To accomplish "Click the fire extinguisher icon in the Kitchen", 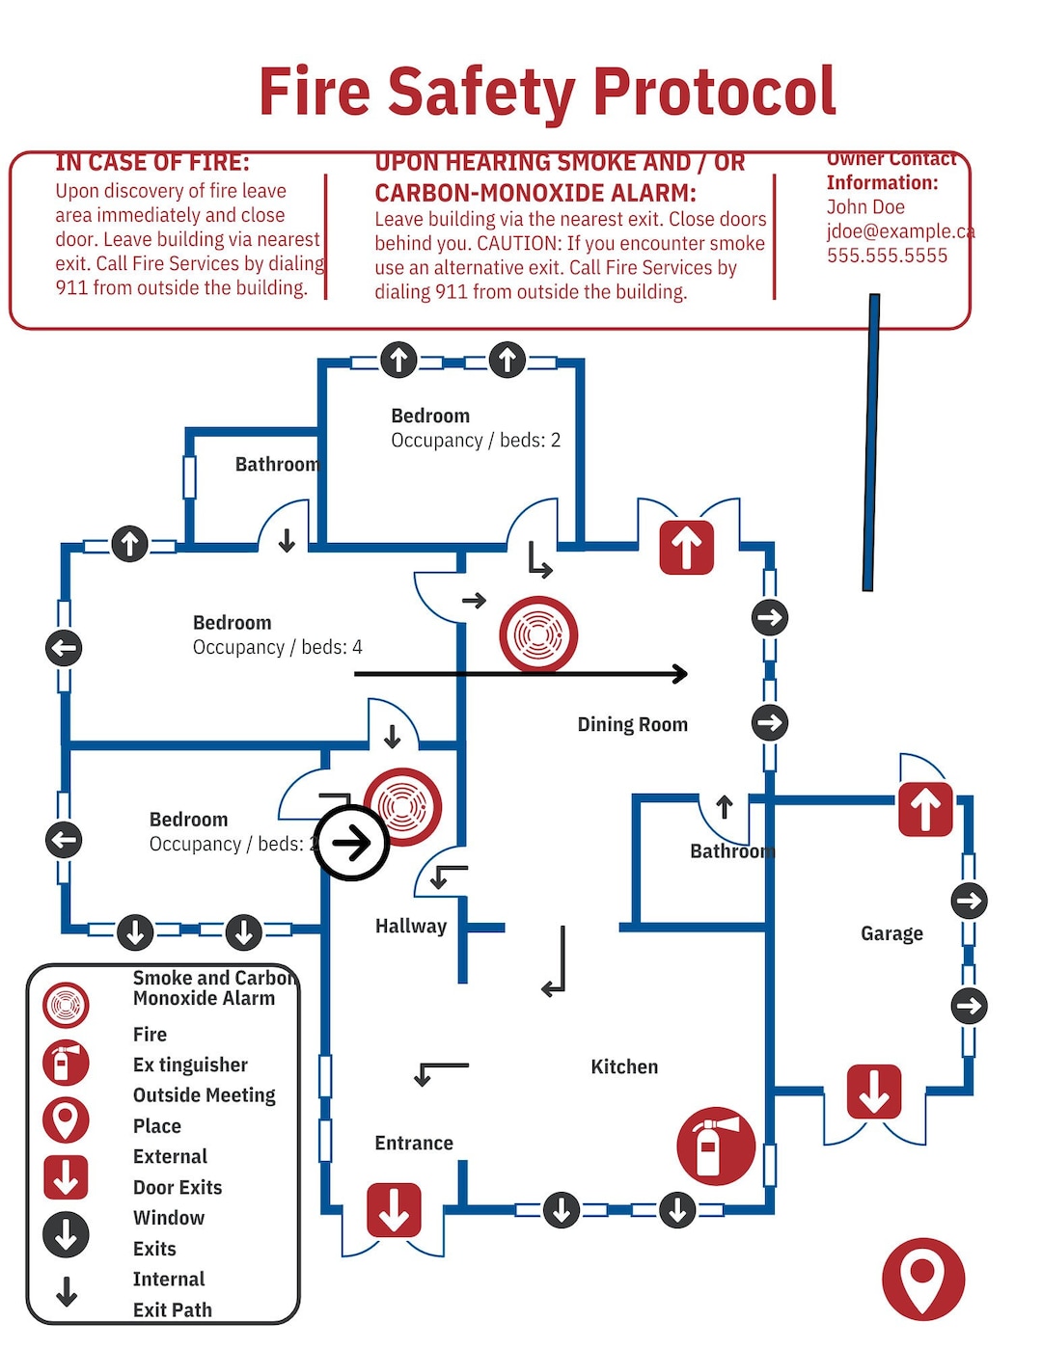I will click(715, 1146).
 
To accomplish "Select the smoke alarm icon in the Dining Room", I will click(538, 634).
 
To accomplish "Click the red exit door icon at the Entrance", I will click(394, 1209).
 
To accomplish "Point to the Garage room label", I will click(891, 933).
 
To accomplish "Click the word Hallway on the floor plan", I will click(411, 926).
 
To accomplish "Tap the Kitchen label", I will click(624, 1066).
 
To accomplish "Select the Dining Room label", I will click(632, 724).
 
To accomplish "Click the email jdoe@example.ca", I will click(899, 231).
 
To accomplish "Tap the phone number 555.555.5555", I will click(887, 256).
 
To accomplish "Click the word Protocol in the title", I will click(714, 93).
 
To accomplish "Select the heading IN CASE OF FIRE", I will click(152, 163).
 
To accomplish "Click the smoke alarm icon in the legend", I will click(66, 1005).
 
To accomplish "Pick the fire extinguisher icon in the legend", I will click(66, 1064).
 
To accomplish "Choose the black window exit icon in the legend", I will click(66, 1234).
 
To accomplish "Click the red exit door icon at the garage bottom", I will click(874, 1092).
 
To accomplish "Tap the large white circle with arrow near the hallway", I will click(351, 843).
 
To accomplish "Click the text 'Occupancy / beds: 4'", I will click(278, 647).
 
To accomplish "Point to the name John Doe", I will click(865, 207).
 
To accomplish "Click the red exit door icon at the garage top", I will click(925, 808).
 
